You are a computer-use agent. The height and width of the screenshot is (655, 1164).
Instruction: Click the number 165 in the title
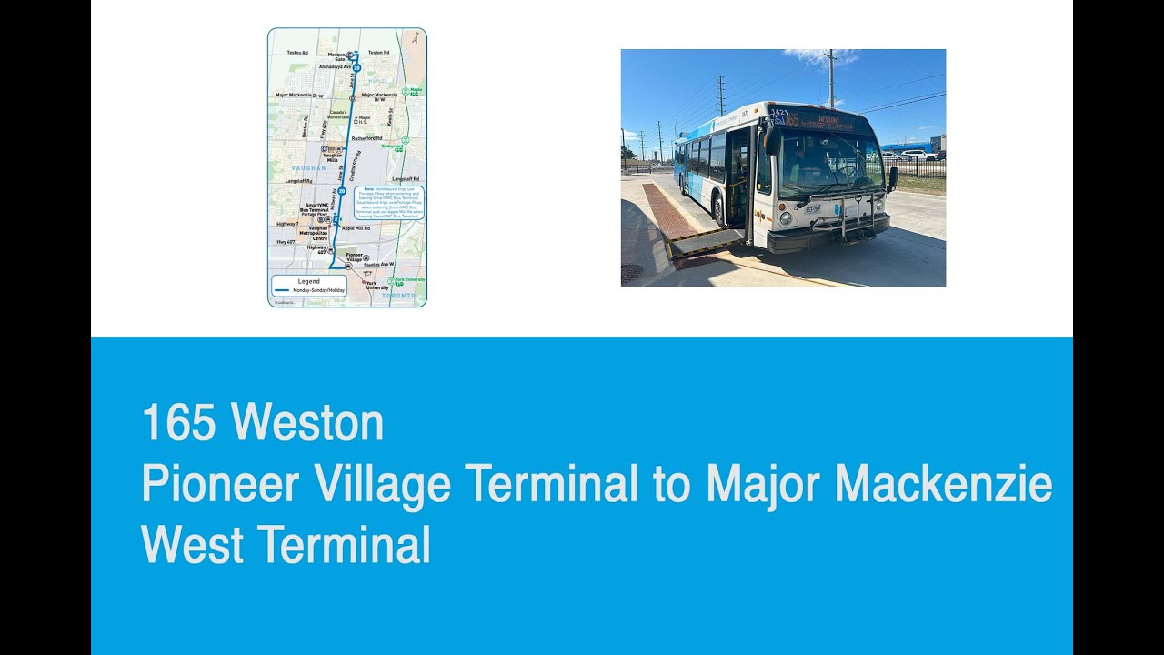177,424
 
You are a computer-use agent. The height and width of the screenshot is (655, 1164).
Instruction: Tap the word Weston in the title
307,424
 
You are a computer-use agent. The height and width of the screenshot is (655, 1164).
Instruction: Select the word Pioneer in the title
220,485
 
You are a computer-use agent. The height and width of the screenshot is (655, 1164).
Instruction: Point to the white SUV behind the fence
918,156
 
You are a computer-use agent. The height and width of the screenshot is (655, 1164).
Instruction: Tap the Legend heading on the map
309,282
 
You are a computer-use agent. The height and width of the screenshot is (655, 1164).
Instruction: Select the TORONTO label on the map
398,296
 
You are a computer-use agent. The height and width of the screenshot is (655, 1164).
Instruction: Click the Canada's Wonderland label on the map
337,114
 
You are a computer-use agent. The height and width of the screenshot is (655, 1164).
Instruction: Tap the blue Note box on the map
388,203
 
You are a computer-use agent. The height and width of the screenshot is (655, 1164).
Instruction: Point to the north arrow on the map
415,38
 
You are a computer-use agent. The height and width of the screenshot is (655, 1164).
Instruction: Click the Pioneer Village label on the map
355,257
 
